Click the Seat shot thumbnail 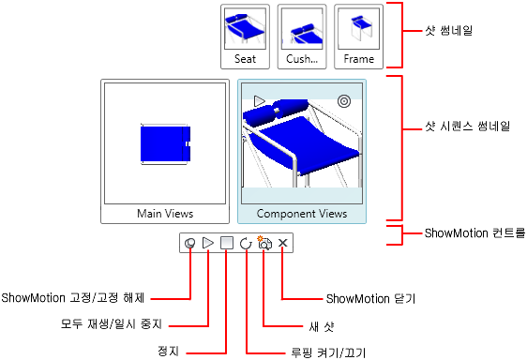tap(245, 37)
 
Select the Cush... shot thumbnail tap(302, 37)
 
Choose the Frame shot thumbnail tap(358, 37)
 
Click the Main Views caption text tap(165, 214)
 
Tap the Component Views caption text tap(302, 214)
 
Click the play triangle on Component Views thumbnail tap(259, 101)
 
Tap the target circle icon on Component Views tap(344, 101)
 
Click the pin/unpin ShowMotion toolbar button tap(190, 243)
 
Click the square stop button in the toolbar tap(227, 243)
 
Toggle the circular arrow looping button tap(246, 243)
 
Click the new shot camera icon tap(264, 243)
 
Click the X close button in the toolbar tap(283, 243)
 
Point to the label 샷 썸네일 tap(448, 31)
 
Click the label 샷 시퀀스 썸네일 tap(468, 126)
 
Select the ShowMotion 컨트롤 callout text tap(474, 232)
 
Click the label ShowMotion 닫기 tap(370, 298)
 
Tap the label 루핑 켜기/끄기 tap(328, 352)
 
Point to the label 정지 tap(168, 352)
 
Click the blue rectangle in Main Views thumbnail tap(165, 143)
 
